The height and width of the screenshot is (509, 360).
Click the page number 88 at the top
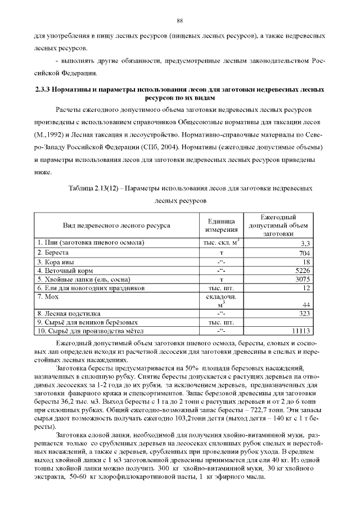click(180, 21)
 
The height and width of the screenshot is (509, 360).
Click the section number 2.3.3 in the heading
click(44, 89)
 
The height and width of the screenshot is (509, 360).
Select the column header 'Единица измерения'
click(220, 226)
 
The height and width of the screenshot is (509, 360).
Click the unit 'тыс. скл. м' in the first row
click(219, 243)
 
